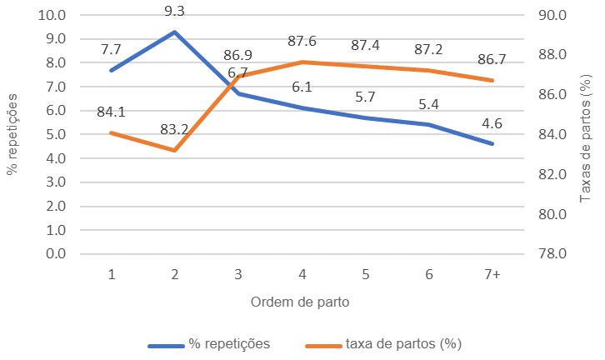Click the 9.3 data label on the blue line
pyautogui.click(x=174, y=12)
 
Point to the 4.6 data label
pyautogui.click(x=491, y=122)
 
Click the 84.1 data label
pyautogui.click(x=111, y=109)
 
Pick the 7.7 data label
pyautogui.click(x=111, y=49)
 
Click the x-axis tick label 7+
pyautogui.click(x=491, y=274)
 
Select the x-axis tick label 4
pyautogui.click(x=301, y=274)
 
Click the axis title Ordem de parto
pyautogui.click(x=301, y=301)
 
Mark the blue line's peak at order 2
pyautogui.click(x=174, y=32)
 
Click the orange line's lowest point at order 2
pyautogui.click(x=174, y=150)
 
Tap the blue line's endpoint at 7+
pyautogui.click(x=491, y=144)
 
